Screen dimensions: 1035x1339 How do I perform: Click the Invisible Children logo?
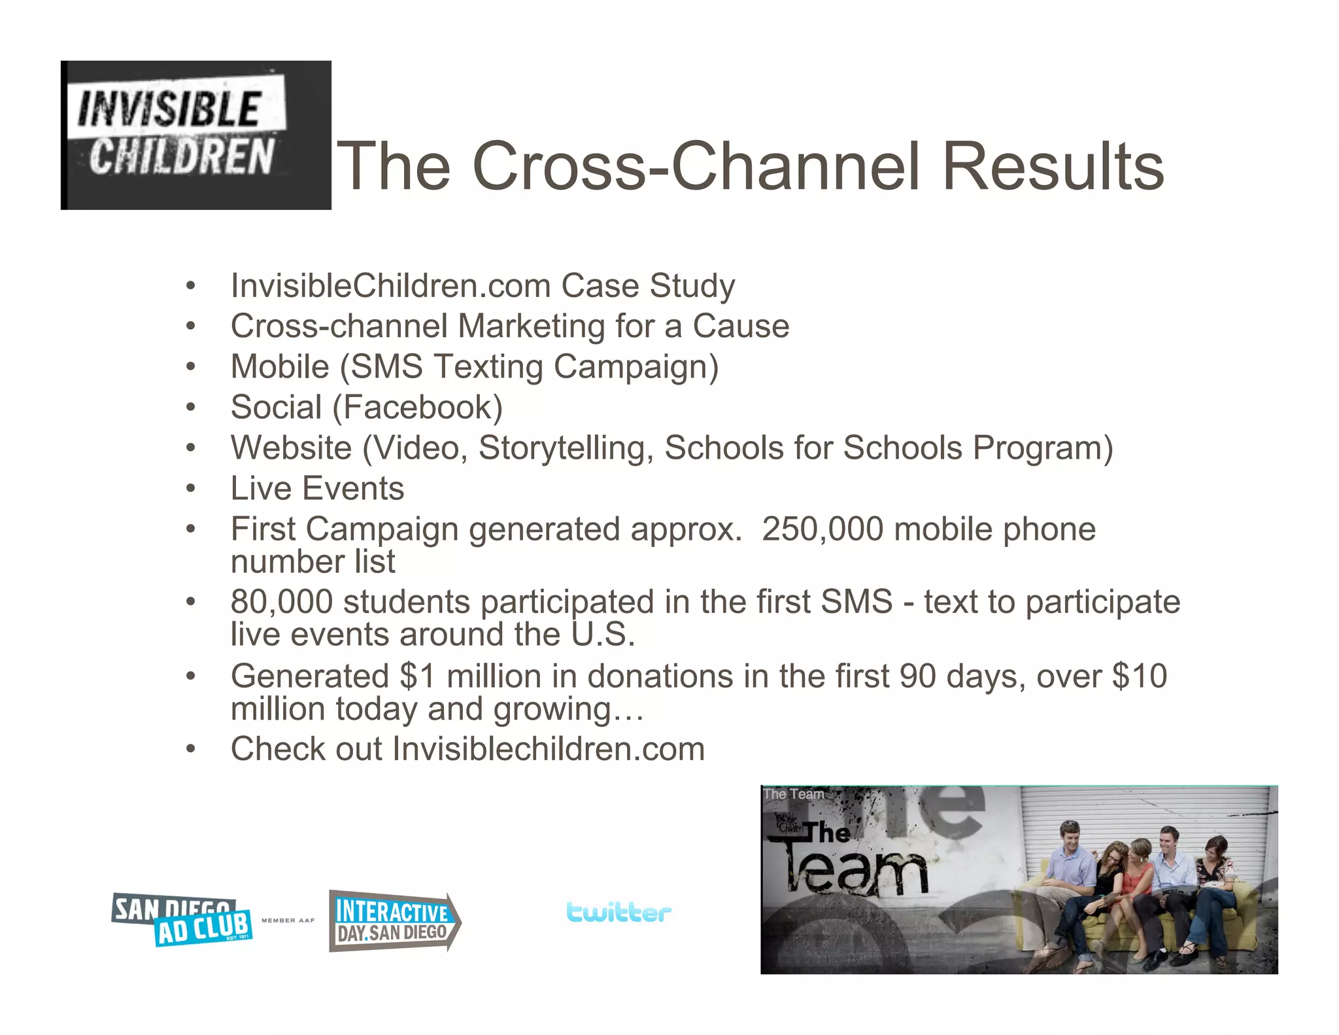(x=195, y=135)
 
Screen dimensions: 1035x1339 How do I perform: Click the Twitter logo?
(x=619, y=911)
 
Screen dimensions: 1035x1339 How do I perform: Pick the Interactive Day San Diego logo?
(x=394, y=921)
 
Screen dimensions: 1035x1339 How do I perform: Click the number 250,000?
(x=822, y=529)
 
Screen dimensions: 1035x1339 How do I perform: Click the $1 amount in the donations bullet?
(x=417, y=676)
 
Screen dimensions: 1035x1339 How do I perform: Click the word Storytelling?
(x=566, y=448)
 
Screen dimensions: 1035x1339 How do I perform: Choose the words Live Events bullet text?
(x=317, y=489)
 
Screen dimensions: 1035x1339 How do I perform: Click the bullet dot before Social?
(x=190, y=407)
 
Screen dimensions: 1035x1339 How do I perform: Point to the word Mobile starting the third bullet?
(x=280, y=366)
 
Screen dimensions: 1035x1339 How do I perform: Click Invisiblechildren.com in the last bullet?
(x=548, y=749)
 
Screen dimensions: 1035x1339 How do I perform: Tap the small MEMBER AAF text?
(x=288, y=921)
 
